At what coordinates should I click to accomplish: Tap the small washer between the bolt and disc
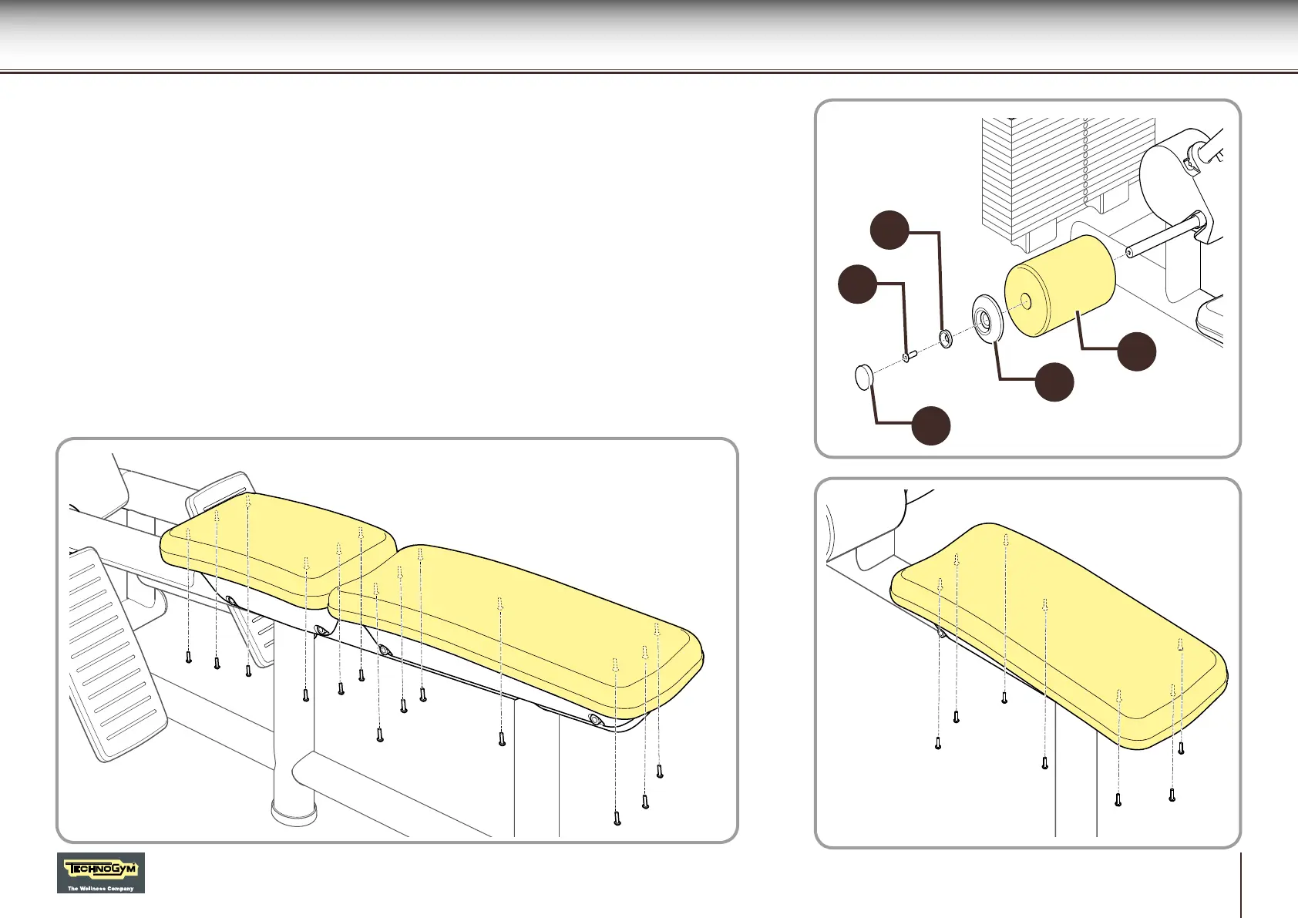pos(946,338)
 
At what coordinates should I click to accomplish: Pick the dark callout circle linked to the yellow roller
pos(1136,351)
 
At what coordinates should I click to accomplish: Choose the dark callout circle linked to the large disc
pos(1054,382)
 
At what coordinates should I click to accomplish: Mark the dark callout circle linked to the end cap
pos(930,425)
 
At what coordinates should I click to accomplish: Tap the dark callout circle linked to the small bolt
pos(857,284)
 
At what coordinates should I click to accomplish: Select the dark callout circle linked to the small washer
pos(889,230)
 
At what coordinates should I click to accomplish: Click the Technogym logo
pos(101,873)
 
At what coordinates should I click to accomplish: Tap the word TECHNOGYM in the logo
pos(101,869)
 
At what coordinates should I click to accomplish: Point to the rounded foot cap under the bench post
pos(294,812)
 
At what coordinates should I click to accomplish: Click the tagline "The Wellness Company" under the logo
pos(101,888)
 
